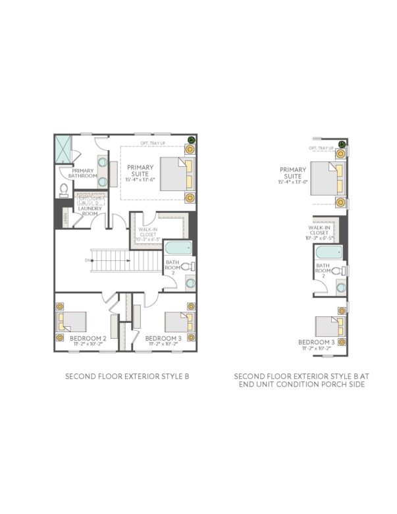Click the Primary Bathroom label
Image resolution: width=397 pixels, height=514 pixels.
[x=84, y=173]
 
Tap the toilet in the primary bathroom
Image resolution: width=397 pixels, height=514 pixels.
[x=64, y=190]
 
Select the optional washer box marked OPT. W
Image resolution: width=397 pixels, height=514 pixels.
[x=84, y=199]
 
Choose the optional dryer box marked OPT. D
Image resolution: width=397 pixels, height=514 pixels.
[x=98, y=199]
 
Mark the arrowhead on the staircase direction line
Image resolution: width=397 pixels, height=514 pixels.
[x=93, y=260]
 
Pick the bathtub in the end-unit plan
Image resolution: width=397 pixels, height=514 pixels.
[x=327, y=253]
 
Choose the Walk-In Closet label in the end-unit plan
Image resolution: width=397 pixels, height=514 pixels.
[x=319, y=231]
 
